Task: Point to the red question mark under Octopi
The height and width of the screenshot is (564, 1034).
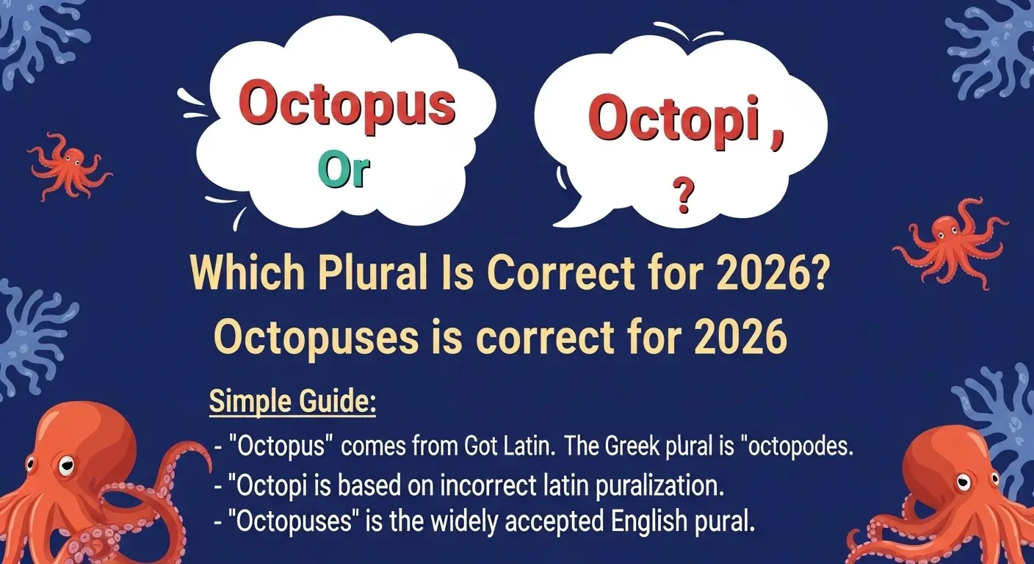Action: (x=683, y=198)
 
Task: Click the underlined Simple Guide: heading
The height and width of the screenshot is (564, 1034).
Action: (x=292, y=402)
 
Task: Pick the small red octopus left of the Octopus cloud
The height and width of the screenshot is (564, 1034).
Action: (x=69, y=166)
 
